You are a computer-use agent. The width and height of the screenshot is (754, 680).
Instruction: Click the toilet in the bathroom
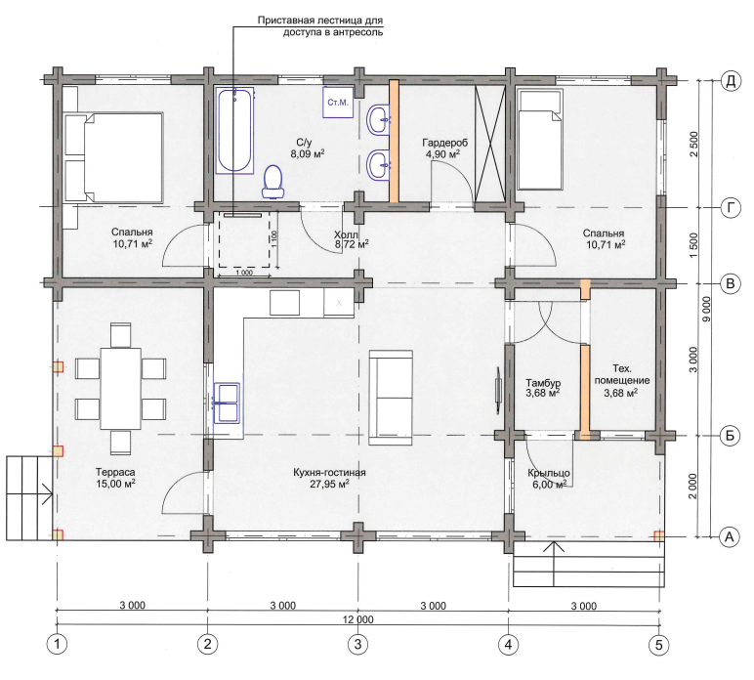[x=273, y=183]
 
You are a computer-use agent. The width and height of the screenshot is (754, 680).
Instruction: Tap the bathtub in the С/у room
[x=234, y=130]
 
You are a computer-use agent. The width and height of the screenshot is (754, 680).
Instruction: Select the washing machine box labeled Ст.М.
[x=338, y=102]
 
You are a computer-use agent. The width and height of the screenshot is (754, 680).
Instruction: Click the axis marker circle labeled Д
[x=731, y=81]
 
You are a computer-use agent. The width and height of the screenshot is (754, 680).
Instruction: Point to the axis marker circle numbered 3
[x=357, y=644]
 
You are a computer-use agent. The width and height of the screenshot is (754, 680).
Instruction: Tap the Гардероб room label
[x=444, y=143]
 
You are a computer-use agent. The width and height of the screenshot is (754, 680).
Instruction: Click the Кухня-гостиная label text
[x=329, y=473]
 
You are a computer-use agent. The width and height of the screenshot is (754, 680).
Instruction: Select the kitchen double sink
[x=227, y=404]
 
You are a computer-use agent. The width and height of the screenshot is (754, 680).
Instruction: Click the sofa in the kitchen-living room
[x=391, y=398]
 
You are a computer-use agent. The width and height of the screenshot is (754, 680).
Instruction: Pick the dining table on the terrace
[x=121, y=389]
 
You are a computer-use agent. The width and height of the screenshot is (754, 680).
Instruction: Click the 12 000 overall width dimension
[x=358, y=618]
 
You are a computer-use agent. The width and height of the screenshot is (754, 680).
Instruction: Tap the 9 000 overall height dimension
[x=706, y=309]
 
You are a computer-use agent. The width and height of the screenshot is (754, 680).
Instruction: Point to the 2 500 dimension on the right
[x=693, y=144]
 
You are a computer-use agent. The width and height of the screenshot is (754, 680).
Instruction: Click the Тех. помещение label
[x=622, y=374]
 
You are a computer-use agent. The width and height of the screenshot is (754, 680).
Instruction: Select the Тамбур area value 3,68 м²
[x=543, y=394]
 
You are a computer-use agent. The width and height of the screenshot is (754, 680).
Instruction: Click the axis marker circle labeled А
[x=730, y=536]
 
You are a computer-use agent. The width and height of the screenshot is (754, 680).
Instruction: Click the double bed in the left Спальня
[x=113, y=157]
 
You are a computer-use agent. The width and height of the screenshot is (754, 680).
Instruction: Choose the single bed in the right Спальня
[x=539, y=140]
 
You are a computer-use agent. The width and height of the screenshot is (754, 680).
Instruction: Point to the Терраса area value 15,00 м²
[x=115, y=484]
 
